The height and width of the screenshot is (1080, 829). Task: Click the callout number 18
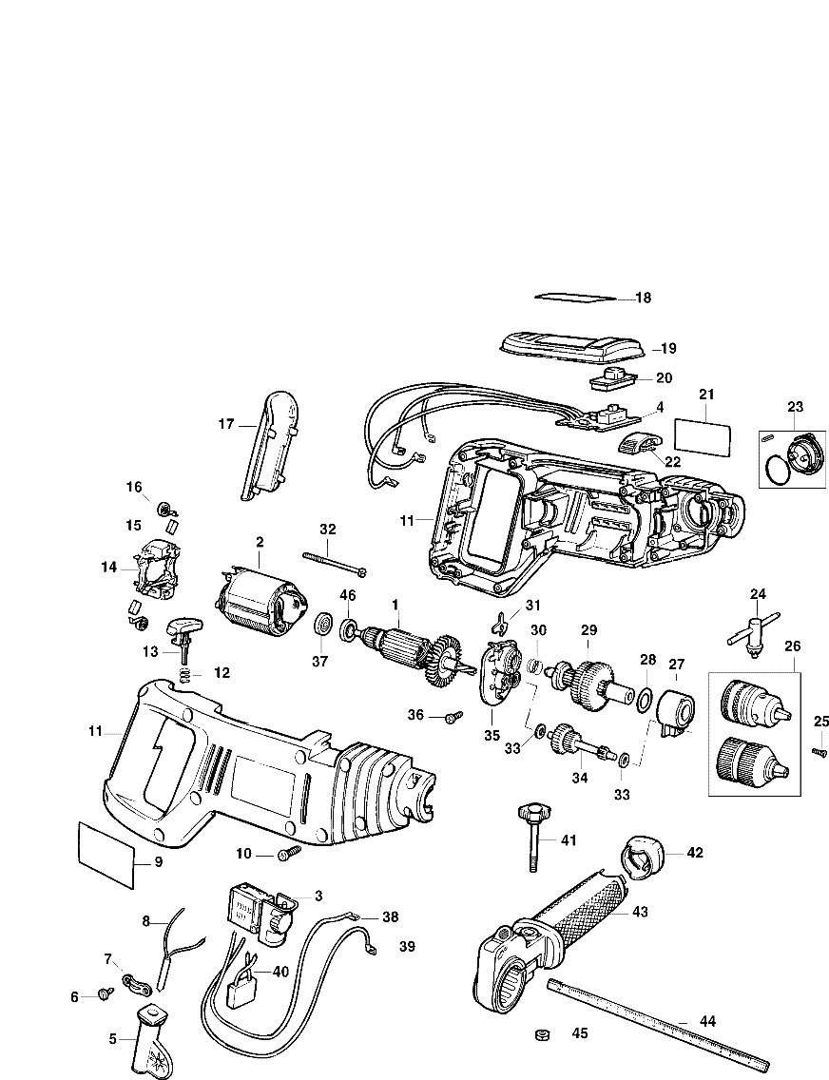(644, 298)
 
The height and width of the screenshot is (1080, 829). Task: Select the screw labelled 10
(288, 856)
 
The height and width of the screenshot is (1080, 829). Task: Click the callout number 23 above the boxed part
(795, 407)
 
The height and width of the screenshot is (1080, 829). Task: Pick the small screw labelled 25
(816, 751)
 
